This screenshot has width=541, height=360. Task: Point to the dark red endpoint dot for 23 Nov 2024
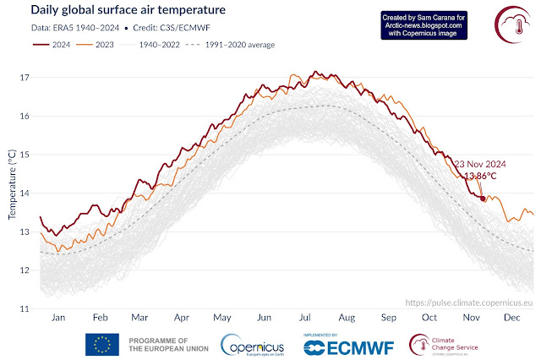[483, 199]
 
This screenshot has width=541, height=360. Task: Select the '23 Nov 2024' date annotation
[482, 163]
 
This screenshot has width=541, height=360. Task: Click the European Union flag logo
[101, 344]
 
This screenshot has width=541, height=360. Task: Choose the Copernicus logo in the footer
[253, 345]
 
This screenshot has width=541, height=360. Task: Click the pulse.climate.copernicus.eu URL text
[469, 301]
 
